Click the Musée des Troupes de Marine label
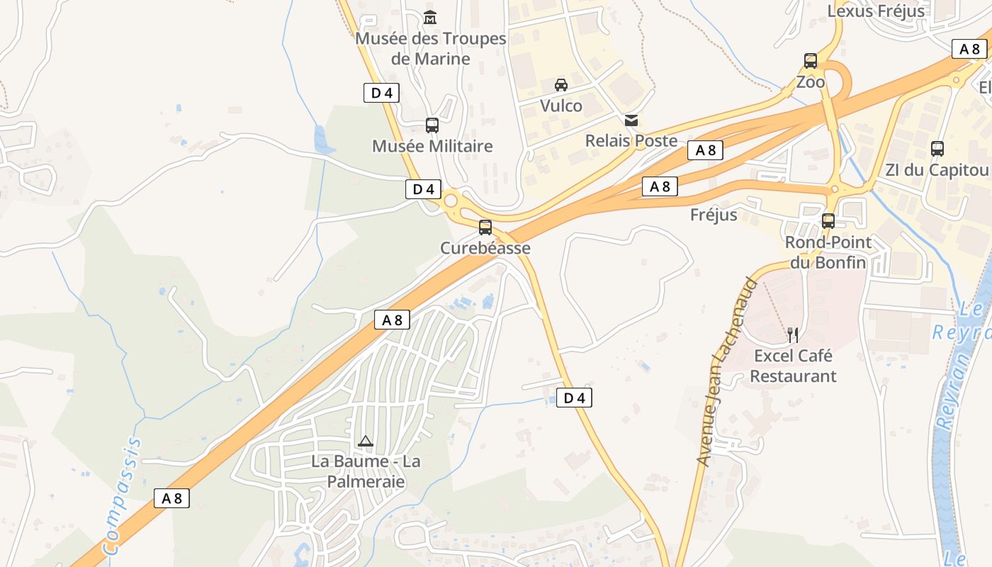(431, 48)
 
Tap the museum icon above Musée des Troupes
(430, 17)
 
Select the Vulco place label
(561, 106)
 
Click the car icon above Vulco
(561, 85)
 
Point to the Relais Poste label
(631, 140)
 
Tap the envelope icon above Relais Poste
(631, 120)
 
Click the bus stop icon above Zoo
(811, 61)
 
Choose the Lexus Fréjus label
(876, 11)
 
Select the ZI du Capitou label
(937, 170)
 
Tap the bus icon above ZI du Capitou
(937, 149)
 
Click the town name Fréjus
(714, 214)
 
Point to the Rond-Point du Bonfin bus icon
(828, 221)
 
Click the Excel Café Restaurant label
(793, 366)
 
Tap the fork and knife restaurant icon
(793, 335)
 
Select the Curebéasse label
(485, 248)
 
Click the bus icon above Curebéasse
(485, 228)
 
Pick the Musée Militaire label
(432, 146)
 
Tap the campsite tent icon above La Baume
(366, 441)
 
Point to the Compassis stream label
(123, 496)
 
